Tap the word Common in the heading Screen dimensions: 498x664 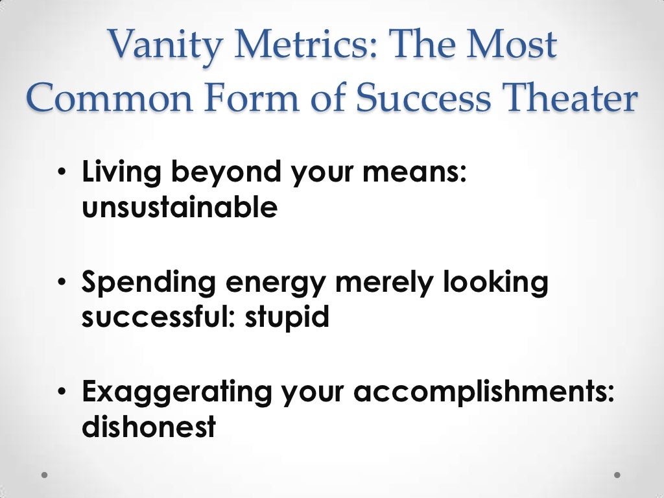[100, 99]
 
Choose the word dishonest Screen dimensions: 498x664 [148, 427]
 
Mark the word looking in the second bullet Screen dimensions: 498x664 [499, 283]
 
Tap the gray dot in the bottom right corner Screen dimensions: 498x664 [617, 475]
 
